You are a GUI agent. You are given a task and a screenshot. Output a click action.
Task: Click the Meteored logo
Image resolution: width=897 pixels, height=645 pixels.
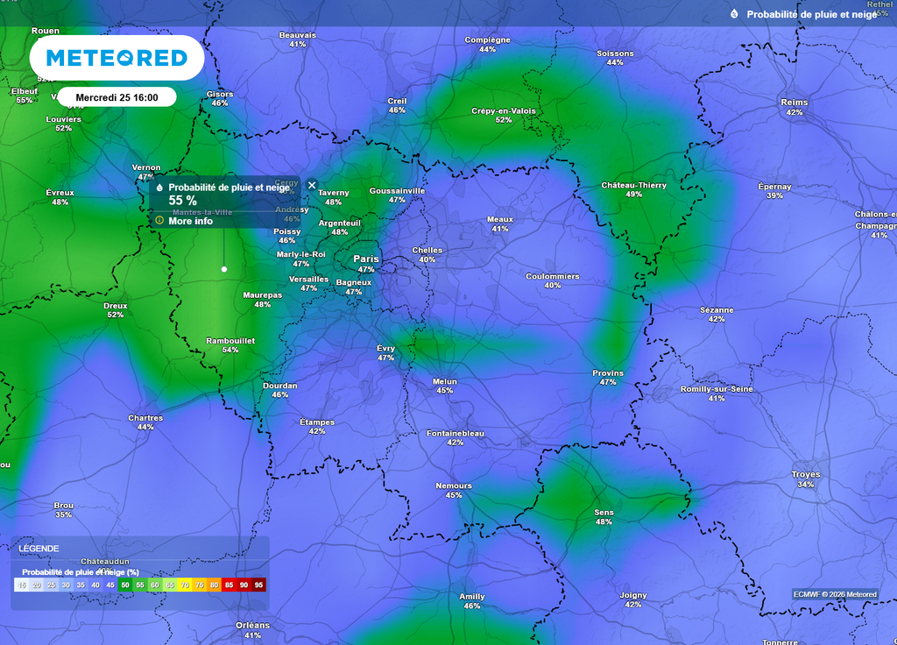tap(117, 58)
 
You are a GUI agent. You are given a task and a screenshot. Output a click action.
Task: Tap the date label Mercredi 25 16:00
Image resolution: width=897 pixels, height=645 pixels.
tap(117, 96)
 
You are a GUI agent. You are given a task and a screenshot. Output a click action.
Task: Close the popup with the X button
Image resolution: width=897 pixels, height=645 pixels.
tap(312, 185)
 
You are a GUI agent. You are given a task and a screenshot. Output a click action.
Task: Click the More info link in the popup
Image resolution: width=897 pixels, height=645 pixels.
tap(190, 221)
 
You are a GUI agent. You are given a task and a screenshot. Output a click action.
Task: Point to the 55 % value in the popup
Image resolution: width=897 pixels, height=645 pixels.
tap(182, 201)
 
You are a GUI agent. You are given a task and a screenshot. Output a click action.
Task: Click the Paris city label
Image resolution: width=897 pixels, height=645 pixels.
tap(366, 259)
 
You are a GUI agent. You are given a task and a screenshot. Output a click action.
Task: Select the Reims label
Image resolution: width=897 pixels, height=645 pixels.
tap(795, 103)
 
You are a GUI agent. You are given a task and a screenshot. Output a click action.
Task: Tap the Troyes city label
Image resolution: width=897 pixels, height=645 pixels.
tap(806, 474)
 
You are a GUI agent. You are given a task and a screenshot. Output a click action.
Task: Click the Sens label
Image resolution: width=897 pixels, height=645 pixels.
tap(604, 512)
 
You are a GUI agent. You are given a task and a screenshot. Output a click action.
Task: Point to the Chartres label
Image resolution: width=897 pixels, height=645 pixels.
tap(145, 417)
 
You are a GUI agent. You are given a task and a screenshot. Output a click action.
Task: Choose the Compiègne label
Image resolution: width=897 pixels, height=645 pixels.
tap(487, 39)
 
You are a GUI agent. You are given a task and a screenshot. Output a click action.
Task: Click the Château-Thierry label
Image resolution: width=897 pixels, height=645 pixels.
tap(634, 185)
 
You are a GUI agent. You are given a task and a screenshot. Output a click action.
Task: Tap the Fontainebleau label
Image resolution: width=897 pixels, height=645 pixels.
tap(455, 433)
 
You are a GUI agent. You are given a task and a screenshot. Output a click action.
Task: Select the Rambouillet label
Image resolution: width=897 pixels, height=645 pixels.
tap(230, 340)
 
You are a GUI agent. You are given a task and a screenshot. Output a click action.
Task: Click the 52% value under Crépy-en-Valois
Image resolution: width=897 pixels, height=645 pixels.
tap(504, 120)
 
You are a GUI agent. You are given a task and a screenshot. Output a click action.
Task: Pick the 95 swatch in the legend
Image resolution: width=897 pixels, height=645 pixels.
tap(258, 585)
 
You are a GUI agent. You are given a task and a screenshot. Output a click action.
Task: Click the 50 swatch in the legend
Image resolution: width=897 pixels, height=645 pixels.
tap(125, 585)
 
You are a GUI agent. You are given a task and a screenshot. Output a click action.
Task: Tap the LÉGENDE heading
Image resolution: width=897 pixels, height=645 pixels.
tap(39, 549)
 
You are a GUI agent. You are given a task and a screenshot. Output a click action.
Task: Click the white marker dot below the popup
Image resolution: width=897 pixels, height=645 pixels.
tap(224, 269)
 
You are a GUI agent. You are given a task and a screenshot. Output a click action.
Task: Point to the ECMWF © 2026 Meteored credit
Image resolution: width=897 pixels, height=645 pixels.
tap(836, 594)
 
